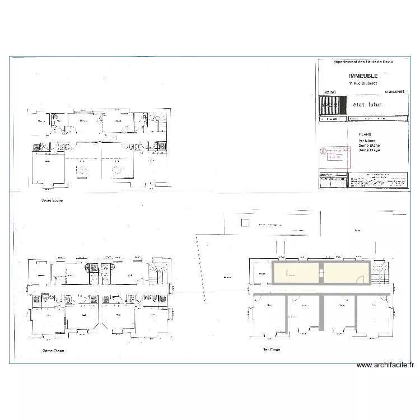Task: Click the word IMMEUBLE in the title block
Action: (x=363, y=76)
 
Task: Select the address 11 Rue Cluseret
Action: (x=363, y=83)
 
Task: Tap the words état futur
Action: (x=367, y=105)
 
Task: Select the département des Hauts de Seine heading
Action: (x=363, y=62)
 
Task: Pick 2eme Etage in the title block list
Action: (x=369, y=145)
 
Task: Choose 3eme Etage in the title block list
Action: (x=369, y=150)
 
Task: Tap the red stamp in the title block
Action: (x=334, y=153)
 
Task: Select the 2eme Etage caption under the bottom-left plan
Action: (x=53, y=351)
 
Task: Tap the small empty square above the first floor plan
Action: (x=245, y=223)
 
